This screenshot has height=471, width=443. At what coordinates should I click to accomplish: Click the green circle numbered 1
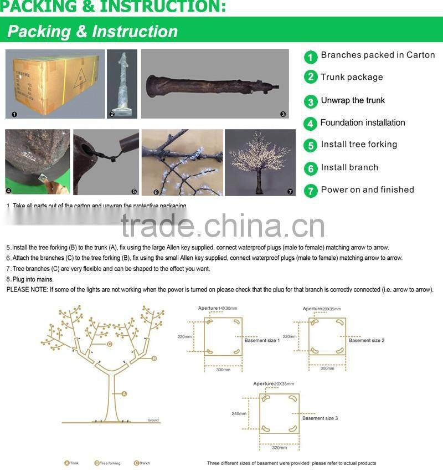311,57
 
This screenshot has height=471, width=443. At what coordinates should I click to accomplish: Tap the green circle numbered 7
311,191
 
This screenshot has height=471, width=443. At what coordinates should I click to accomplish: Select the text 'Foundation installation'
363,123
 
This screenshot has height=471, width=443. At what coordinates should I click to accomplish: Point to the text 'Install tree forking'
359,145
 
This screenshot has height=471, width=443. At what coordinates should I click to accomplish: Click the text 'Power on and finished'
367,190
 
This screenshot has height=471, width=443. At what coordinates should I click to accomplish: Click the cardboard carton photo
55,84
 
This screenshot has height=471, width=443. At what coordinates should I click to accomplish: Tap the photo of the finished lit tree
260,162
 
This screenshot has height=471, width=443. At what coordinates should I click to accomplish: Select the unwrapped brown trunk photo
215,84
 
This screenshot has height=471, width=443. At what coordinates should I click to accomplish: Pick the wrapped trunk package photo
122,84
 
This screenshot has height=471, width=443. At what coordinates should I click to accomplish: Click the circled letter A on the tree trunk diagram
124,393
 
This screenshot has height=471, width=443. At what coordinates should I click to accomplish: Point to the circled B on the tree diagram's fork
154,359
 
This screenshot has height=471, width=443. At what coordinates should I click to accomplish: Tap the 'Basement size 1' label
262,340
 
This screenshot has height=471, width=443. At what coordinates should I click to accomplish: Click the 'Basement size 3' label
320,418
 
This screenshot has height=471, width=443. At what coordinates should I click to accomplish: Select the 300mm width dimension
223,370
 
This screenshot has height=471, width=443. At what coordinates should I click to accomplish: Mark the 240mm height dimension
239,413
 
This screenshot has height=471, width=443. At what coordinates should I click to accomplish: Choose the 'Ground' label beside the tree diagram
153,421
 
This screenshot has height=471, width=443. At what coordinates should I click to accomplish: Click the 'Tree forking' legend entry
109,463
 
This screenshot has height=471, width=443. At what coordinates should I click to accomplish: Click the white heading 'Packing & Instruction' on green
92,32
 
